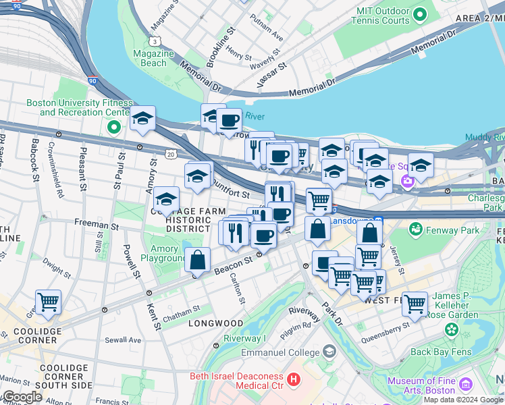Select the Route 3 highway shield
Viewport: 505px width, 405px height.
[155, 42]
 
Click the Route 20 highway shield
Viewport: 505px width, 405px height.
[172, 155]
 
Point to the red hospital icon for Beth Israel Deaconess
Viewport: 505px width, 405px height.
[293, 380]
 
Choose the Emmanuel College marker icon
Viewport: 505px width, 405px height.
[328, 352]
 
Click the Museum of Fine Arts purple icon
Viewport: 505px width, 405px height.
[465, 385]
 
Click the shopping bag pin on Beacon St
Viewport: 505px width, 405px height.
[197, 260]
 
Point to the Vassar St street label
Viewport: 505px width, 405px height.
[272, 76]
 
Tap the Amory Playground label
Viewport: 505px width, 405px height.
[163, 254]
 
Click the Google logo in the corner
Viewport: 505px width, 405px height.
[22, 397]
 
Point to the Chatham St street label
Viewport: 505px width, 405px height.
[181, 310]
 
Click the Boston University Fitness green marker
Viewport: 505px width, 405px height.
[113, 126]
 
